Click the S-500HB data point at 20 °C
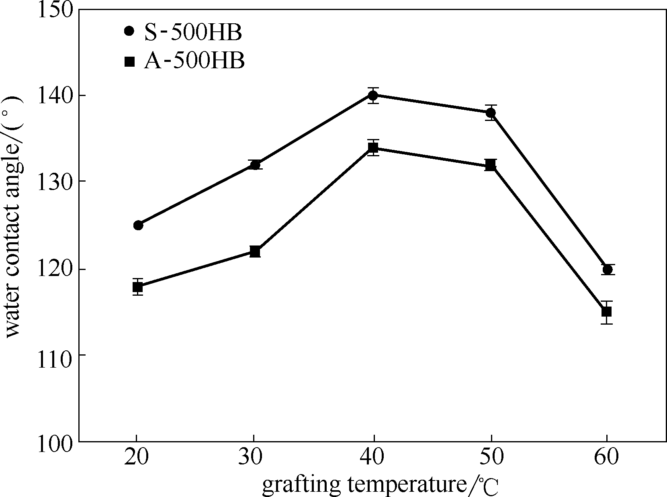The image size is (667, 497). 138,225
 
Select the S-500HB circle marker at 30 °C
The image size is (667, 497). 255,164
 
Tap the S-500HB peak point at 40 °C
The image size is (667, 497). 373,95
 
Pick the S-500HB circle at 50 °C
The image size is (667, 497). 491,112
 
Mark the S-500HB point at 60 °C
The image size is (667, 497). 608,269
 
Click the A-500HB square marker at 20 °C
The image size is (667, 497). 138,287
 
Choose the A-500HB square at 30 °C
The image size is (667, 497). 255,252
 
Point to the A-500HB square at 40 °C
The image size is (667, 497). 373,147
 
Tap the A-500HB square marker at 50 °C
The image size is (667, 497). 491,165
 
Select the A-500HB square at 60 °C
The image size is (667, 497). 607,311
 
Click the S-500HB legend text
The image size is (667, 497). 193,33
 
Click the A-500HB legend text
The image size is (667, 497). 194,61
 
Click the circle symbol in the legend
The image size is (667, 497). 129,31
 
